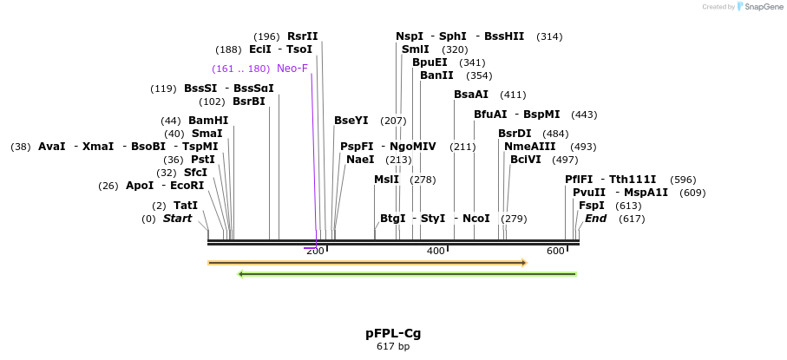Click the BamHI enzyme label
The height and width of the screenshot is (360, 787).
(208, 121)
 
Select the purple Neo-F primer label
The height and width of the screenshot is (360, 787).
(292, 69)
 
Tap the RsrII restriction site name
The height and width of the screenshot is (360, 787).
(303, 36)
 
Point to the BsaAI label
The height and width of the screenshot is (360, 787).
(471, 95)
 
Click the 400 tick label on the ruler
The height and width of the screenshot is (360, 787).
(436, 251)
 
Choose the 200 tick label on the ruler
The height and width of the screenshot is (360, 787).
(315, 251)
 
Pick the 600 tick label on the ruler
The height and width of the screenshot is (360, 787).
(555, 251)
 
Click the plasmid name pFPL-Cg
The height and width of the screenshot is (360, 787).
(393, 333)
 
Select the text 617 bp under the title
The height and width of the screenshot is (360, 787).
(393, 347)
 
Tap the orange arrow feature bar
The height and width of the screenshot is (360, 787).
(367, 262)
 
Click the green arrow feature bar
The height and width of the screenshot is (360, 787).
(407, 274)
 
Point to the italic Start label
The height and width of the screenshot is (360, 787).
(177, 219)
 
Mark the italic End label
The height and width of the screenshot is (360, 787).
(596, 219)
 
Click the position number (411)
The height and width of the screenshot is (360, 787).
(513, 95)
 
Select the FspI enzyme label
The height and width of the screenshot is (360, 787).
(592, 206)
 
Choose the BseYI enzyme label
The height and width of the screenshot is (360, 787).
(351, 121)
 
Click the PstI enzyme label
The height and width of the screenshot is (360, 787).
(203, 160)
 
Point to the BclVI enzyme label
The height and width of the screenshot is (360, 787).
(526, 160)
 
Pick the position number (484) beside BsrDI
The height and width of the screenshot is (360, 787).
(555, 134)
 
